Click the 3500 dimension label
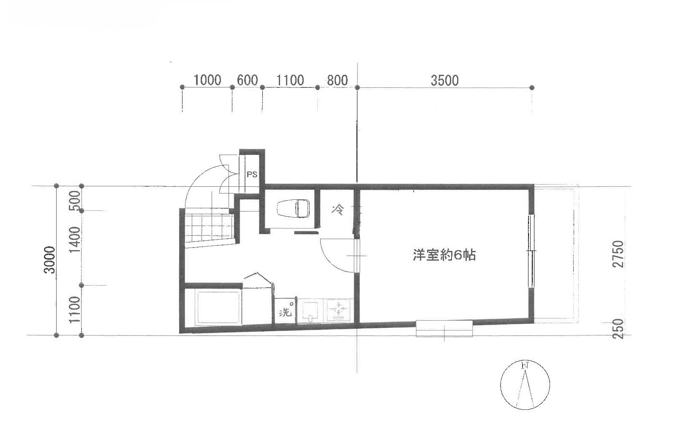pyautogui.click(x=444, y=81)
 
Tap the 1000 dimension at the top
pyautogui.click(x=207, y=80)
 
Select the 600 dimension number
pyautogui.click(x=247, y=80)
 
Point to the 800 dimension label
pyautogui.click(x=337, y=81)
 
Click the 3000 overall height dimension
pyautogui.click(x=49, y=260)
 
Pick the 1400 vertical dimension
pyautogui.click(x=75, y=240)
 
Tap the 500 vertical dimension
pyautogui.click(x=75, y=201)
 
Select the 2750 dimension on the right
pyautogui.click(x=618, y=254)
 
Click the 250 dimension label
pyautogui.click(x=618, y=328)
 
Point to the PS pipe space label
pyautogui.click(x=252, y=174)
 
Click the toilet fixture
pyautogui.click(x=293, y=209)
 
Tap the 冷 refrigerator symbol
pyautogui.click(x=338, y=210)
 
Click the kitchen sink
pyautogui.click(x=310, y=311)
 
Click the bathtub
pyautogui.click(x=219, y=308)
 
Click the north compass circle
pyautogui.click(x=525, y=385)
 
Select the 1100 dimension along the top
pyautogui.click(x=290, y=81)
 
